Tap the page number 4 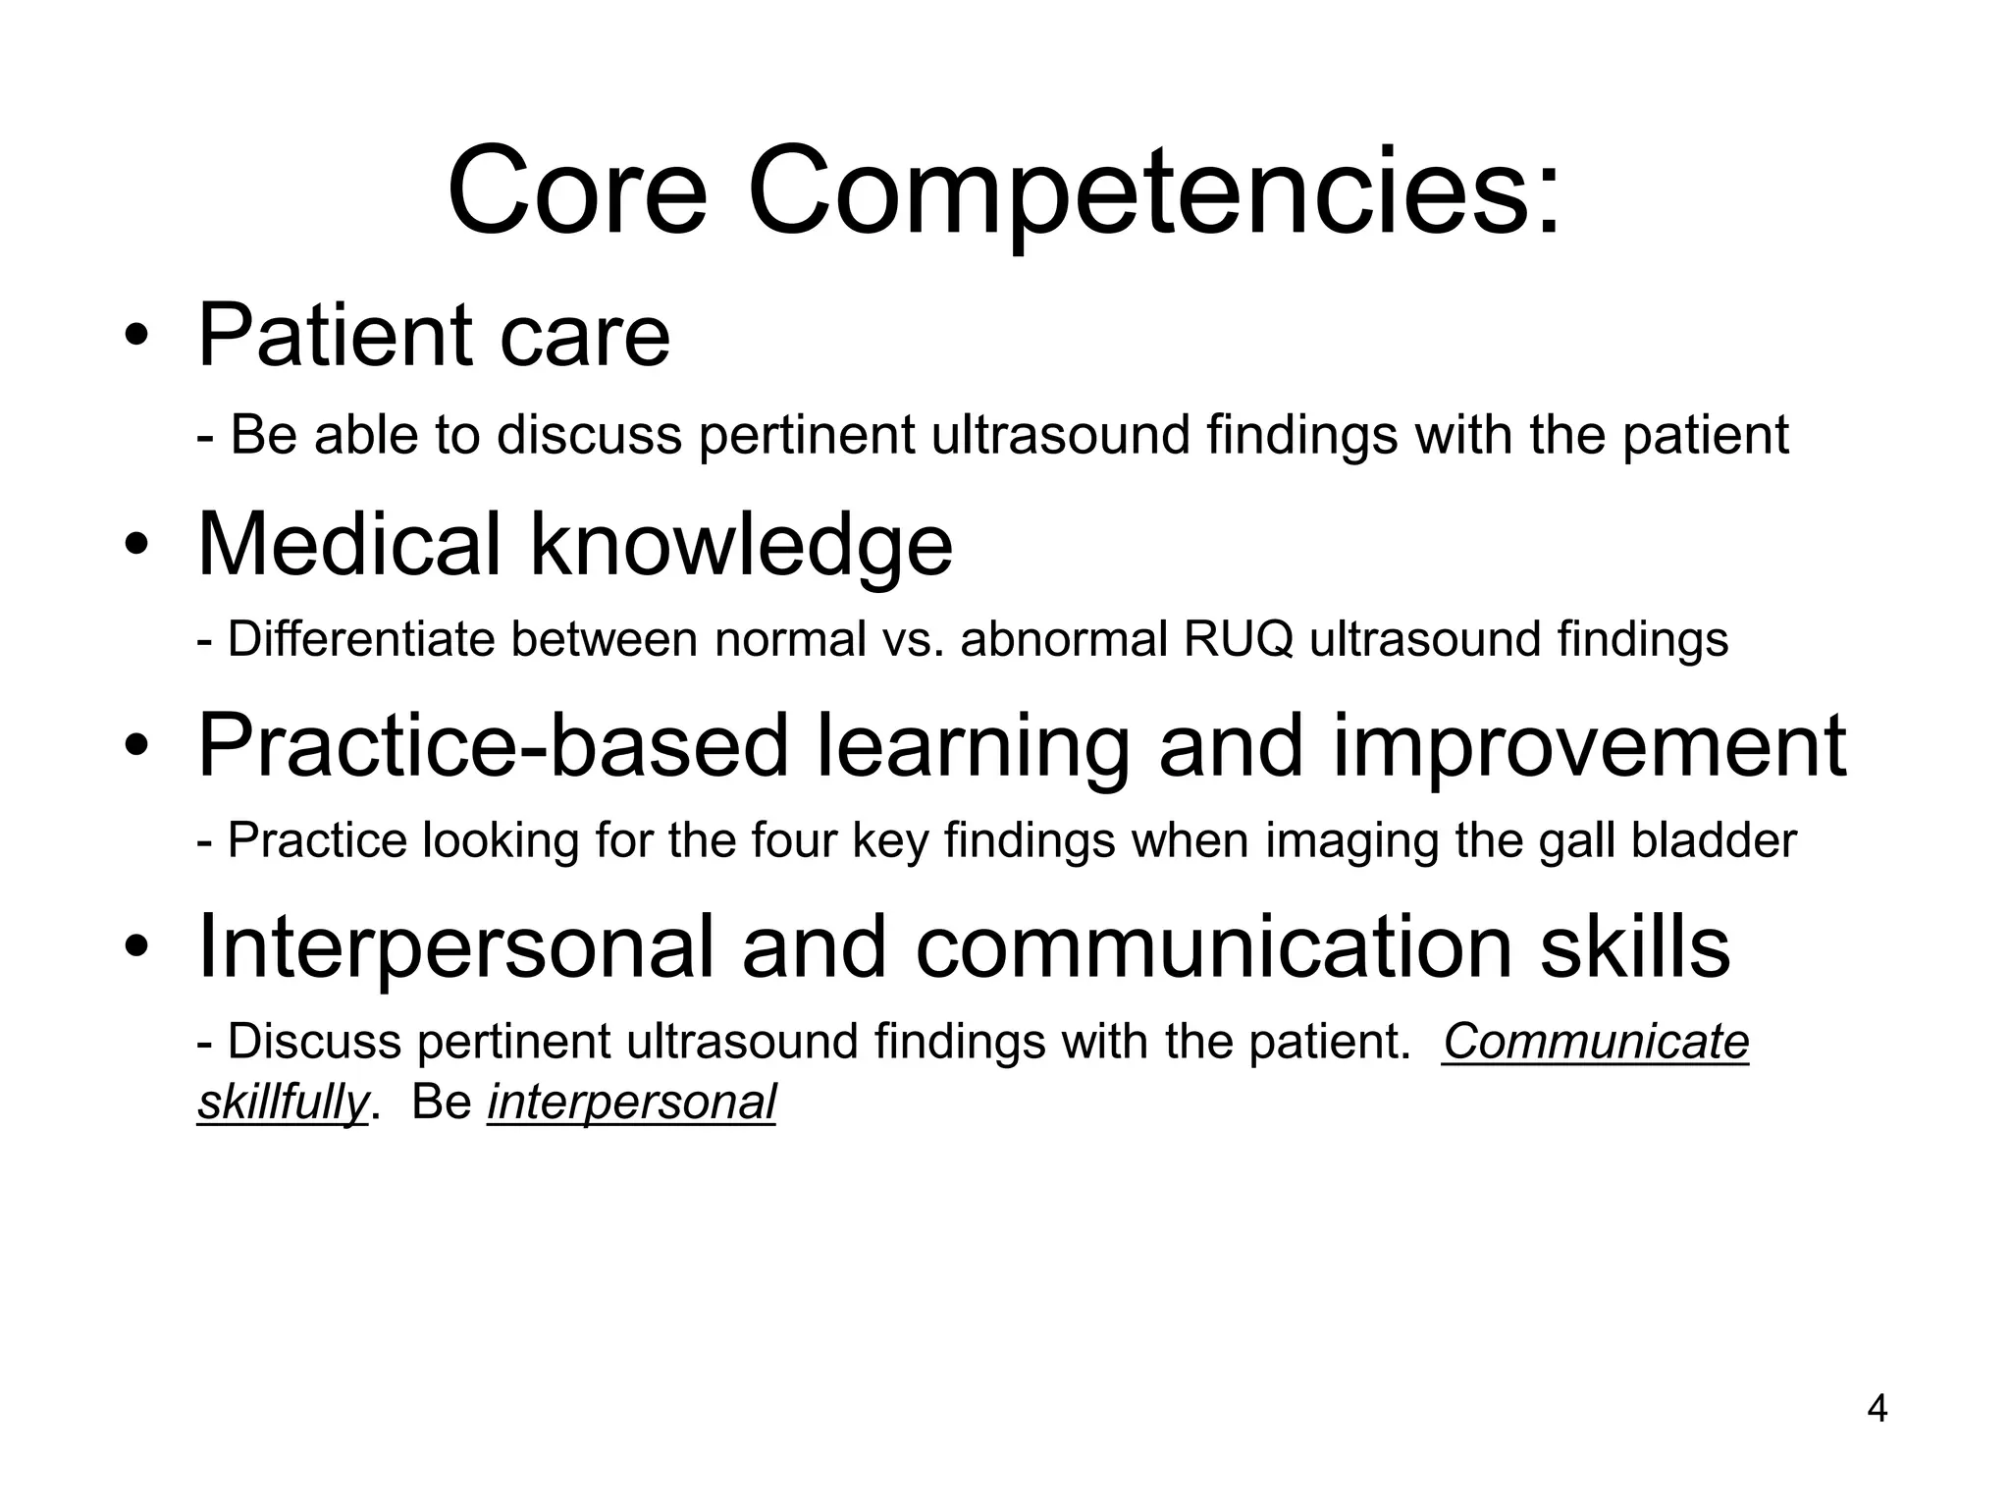[x=1877, y=1410]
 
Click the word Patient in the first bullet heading [x=334, y=336]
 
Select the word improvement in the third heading [x=1589, y=746]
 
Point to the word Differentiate [x=359, y=640]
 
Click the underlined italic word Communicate [x=1596, y=1043]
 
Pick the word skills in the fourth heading [x=1634, y=946]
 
